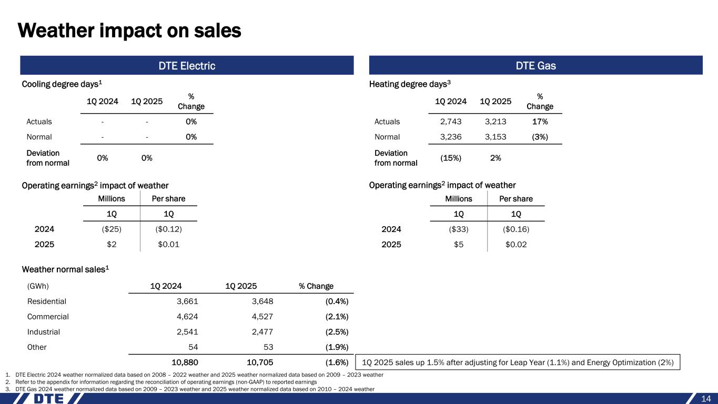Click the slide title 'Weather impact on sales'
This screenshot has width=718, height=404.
pos(129,31)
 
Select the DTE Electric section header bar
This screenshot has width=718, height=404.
pos(187,66)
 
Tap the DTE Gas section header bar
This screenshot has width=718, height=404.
pos(536,66)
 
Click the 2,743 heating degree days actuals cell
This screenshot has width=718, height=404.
pos(451,122)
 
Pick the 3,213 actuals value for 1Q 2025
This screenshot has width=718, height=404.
pos(495,122)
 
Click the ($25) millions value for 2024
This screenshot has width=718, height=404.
pos(111,229)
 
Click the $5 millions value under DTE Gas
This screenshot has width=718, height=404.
pos(459,245)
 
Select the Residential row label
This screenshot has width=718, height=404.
pos(46,301)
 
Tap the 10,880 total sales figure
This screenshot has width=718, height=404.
pos(185,362)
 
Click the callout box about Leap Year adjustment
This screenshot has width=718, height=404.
pos(518,362)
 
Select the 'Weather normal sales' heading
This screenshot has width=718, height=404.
pos(65,269)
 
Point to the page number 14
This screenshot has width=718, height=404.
pos(706,398)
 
